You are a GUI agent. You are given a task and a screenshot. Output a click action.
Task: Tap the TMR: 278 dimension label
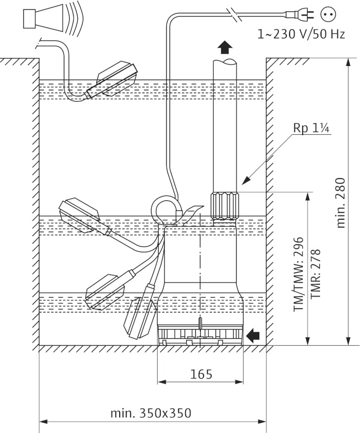(x=316, y=274)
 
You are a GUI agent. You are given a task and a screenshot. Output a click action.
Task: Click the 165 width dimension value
(x=201, y=374)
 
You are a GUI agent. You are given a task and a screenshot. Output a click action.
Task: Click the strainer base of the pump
(x=200, y=336)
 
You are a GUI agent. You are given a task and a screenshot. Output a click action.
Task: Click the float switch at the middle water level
(x=81, y=215)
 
